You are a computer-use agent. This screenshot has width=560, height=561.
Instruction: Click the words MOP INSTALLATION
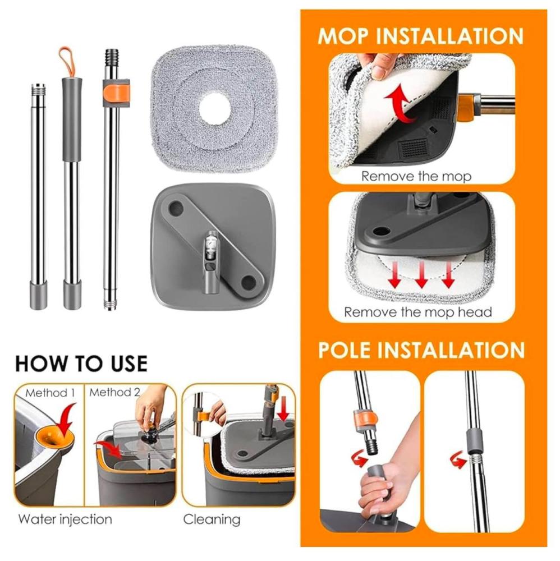pyautogui.click(x=420, y=36)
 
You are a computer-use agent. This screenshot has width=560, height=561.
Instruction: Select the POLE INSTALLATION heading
pyautogui.click(x=421, y=350)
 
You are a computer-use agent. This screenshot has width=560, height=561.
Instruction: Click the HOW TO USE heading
pyautogui.click(x=81, y=364)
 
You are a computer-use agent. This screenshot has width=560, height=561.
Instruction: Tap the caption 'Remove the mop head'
pyautogui.click(x=418, y=312)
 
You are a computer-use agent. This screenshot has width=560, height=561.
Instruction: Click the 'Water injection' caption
pyautogui.click(x=65, y=519)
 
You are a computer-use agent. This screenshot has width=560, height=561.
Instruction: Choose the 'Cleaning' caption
pyautogui.click(x=212, y=519)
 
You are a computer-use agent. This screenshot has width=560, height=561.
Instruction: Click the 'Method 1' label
pyautogui.click(x=50, y=393)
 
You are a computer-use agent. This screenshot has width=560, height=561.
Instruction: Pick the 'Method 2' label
pyautogui.click(x=114, y=393)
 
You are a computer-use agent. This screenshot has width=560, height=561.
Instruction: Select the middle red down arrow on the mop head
pyautogui.click(x=421, y=274)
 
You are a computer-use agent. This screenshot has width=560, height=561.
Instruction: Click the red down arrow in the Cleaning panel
pyautogui.click(x=283, y=408)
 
